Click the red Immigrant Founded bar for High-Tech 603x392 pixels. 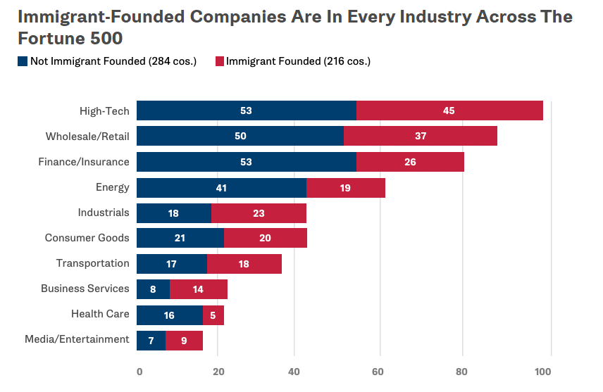pos(449,110)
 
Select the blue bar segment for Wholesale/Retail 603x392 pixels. pos(240,136)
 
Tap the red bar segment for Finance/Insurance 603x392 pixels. pos(410,162)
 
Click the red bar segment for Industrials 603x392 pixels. pos(259,213)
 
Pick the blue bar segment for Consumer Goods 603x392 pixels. pos(180,238)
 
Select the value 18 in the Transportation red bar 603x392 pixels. pos(244,264)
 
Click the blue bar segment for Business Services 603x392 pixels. pos(153,289)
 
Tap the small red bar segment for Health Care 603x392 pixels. pos(213,315)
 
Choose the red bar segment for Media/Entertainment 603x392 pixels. pos(184,341)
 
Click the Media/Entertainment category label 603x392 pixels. pos(77,339)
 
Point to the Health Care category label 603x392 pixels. pos(100,314)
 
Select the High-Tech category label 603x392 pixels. pos(104,110)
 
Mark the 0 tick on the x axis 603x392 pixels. pos(139,372)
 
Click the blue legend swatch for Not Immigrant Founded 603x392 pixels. pos(23,62)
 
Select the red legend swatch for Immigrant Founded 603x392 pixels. pos(219,62)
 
